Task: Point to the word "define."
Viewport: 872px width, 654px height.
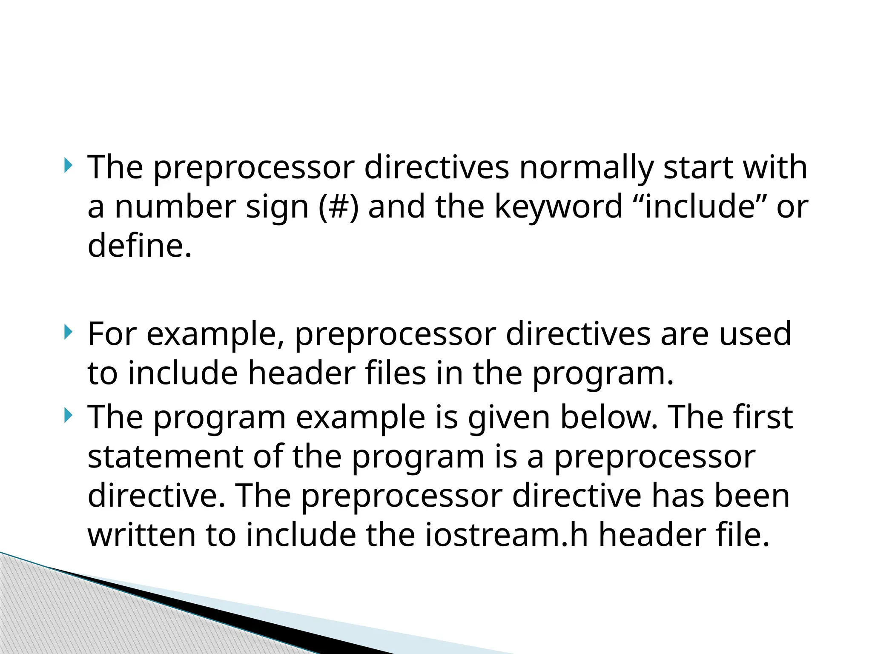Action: tap(140, 246)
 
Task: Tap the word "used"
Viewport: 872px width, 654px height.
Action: tap(755, 334)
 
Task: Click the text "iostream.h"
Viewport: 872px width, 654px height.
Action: tap(507, 535)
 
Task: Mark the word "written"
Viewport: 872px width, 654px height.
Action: tap(141, 535)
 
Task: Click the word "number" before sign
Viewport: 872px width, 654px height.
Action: tap(175, 207)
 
